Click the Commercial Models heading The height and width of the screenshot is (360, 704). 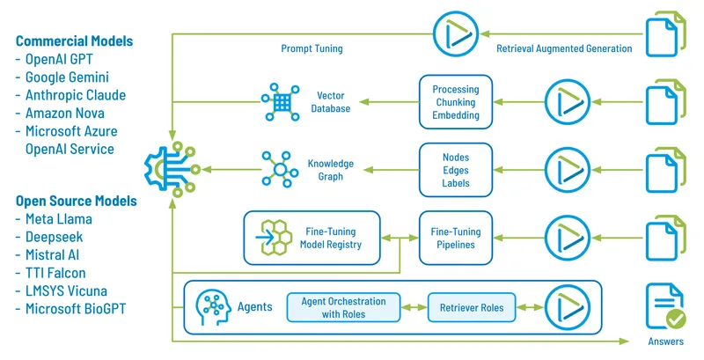pos(75,40)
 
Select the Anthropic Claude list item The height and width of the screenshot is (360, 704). pos(77,95)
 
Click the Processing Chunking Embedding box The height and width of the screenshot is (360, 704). pos(455,102)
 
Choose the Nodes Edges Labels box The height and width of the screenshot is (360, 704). pos(455,170)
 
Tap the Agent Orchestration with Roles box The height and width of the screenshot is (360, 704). pos(343,306)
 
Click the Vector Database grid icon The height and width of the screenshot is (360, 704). pos(281,101)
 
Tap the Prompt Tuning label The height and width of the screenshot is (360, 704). pos(312,48)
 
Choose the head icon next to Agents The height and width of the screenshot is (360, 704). pos(213,307)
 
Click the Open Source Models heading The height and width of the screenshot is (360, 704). pos(77,201)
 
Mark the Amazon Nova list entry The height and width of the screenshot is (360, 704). pos(66,114)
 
